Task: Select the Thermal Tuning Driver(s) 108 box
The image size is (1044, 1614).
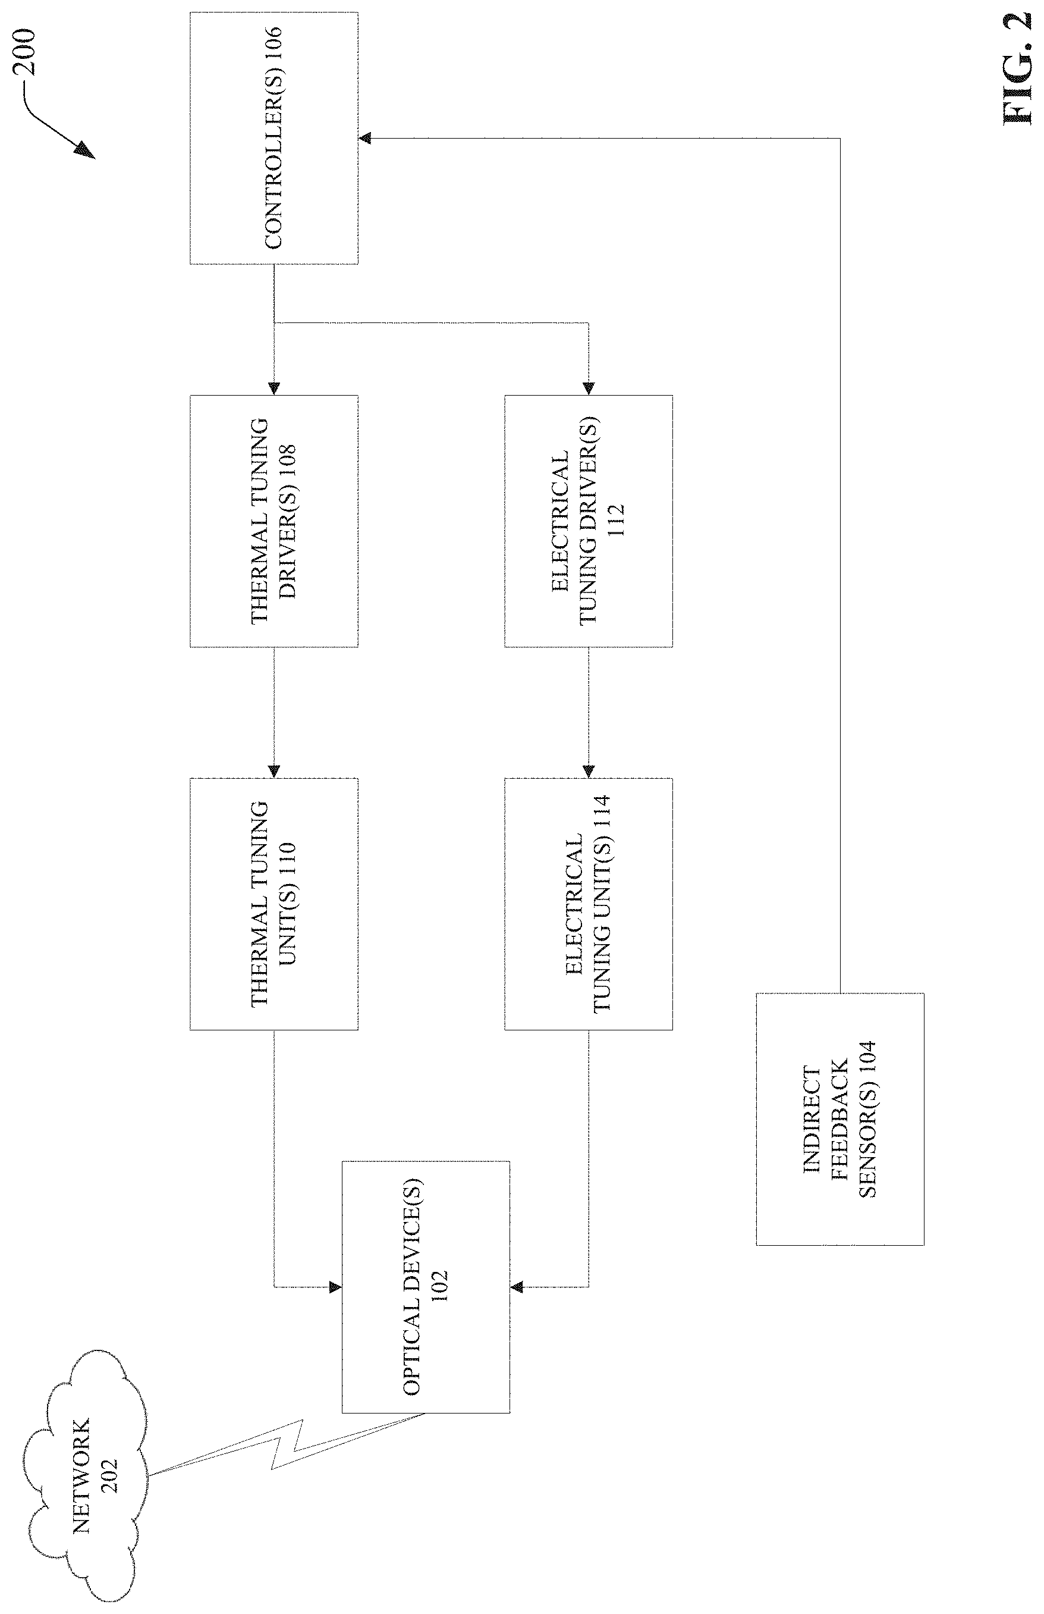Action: [x=274, y=521]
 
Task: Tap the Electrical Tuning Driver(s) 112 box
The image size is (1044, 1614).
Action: [x=589, y=521]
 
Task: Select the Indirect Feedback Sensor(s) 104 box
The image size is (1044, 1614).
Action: [x=840, y=1119]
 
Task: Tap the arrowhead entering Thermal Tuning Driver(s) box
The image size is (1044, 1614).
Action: [x=274, y=388]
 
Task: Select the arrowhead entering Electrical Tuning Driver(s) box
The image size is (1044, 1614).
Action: [x=589, y=388]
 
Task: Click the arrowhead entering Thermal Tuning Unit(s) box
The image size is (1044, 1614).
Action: [x=274, y=772]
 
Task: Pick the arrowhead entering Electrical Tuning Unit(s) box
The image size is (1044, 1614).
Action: [x=589, y=772]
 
